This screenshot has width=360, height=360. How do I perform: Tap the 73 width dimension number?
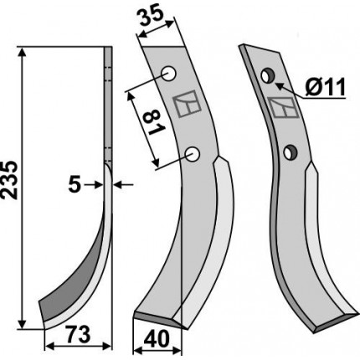(x=79, y=334)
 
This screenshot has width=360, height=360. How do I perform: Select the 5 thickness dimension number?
(x=75, y=184)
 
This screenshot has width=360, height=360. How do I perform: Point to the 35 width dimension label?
(x=151, y=17)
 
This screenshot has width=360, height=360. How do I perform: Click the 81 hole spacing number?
(x=153, y=122)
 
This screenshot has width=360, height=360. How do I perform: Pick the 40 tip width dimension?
(x=157, y=338)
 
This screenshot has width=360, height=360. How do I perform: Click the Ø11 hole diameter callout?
(x=326, y=87)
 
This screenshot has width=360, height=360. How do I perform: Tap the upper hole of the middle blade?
(x=169, y=74)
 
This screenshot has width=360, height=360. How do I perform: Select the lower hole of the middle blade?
(x=193, y=154)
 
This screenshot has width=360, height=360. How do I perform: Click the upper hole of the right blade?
(x=268, y=76)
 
